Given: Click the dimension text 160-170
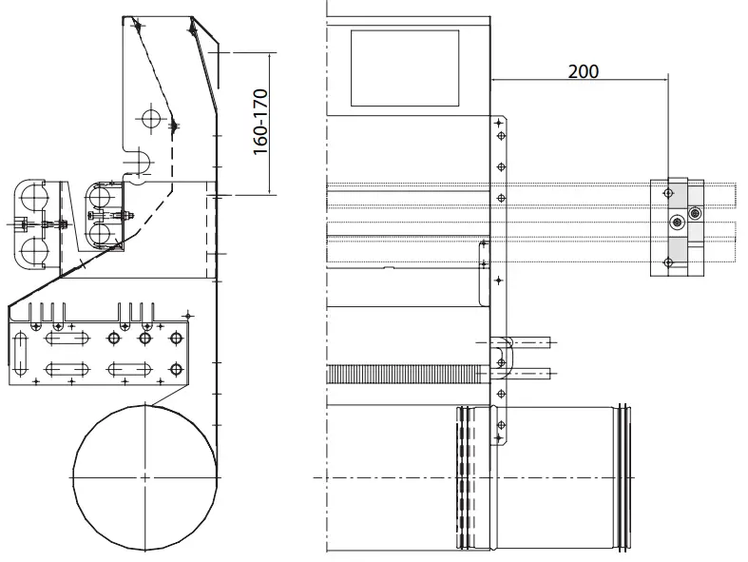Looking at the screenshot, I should [261, 121].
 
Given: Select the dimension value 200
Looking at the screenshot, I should [583, 70].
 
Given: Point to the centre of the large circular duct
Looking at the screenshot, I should [143, 475].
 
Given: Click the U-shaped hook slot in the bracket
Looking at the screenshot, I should [139, 163].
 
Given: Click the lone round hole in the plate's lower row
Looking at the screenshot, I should [176, 368].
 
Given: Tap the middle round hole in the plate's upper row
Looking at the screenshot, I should [145, 338].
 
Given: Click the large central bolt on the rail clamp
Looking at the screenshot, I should [677, 223].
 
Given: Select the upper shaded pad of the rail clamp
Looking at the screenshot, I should [674, 194].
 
